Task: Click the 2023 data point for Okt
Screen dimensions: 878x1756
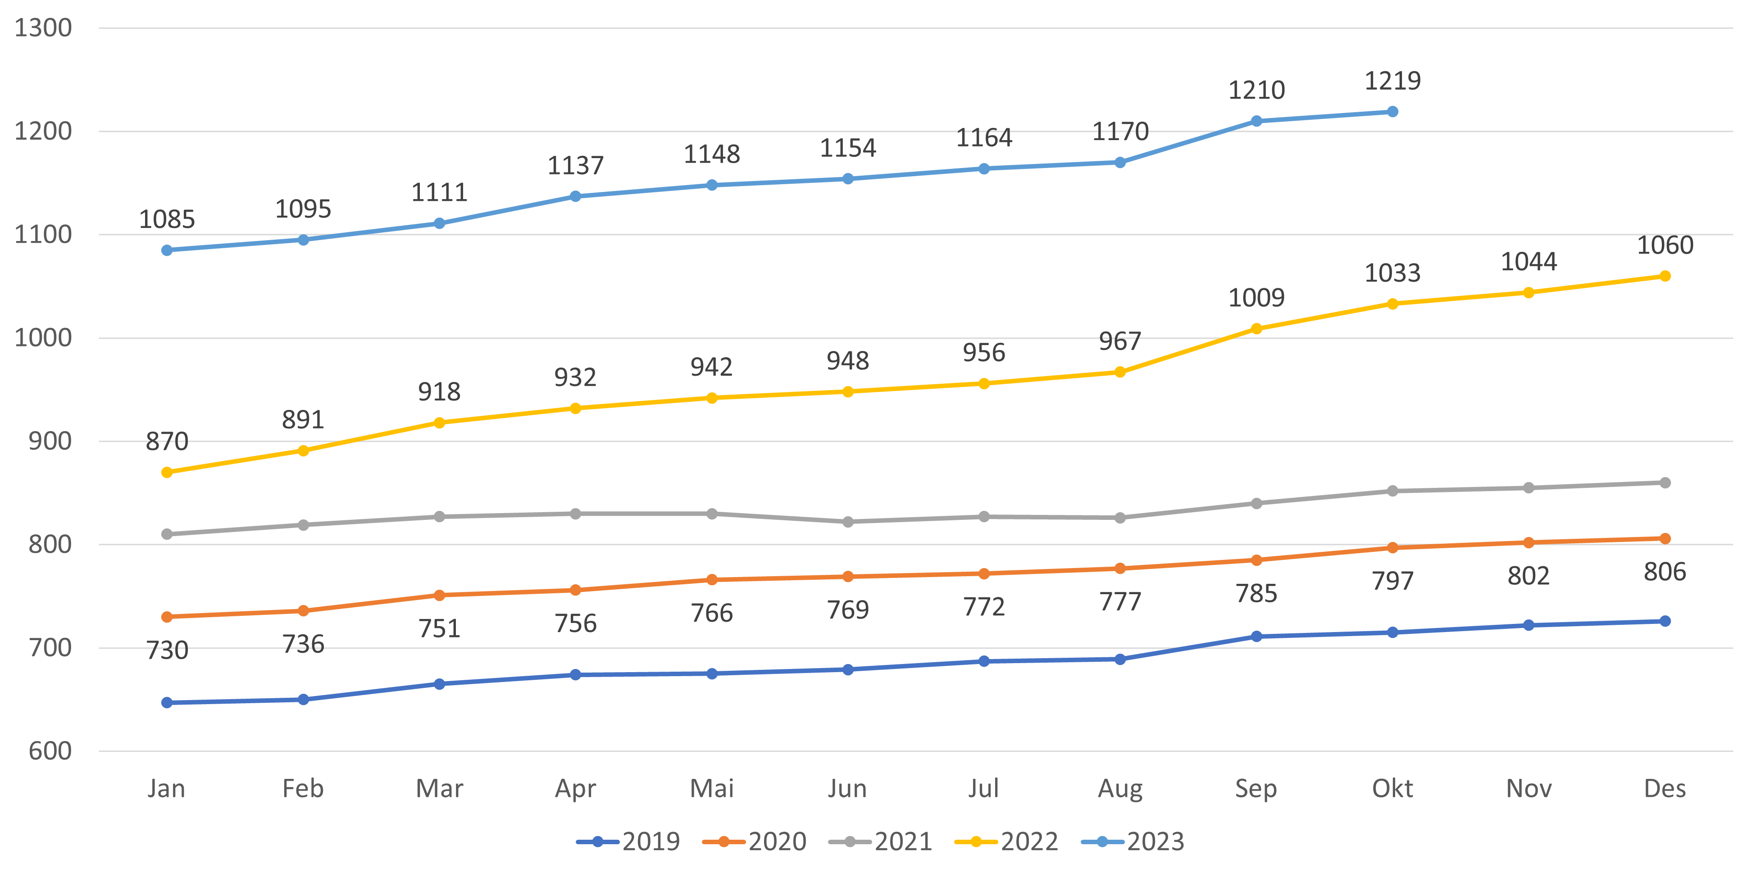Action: [1392, 112]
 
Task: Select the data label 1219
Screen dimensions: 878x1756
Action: [1392, 81]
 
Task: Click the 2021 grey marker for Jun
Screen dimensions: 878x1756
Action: [848, 522]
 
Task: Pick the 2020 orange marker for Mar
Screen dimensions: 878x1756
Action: [439, 595]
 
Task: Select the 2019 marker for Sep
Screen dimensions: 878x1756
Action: [1256, 637]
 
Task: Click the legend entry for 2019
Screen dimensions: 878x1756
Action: [628, 842]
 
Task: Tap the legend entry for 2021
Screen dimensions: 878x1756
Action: [880, 842]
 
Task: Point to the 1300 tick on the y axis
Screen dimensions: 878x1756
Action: [43, 28]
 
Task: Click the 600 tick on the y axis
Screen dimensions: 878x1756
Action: [50, 751]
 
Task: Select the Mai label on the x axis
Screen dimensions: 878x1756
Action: [712, 789]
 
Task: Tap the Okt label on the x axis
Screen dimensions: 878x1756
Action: [1392, 789]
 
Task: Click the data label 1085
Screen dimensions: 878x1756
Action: [167, 219]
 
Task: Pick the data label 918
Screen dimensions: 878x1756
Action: [439, 392]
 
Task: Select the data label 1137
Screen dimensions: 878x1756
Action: [575, 166]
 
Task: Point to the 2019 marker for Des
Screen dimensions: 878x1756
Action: [1665, 622]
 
